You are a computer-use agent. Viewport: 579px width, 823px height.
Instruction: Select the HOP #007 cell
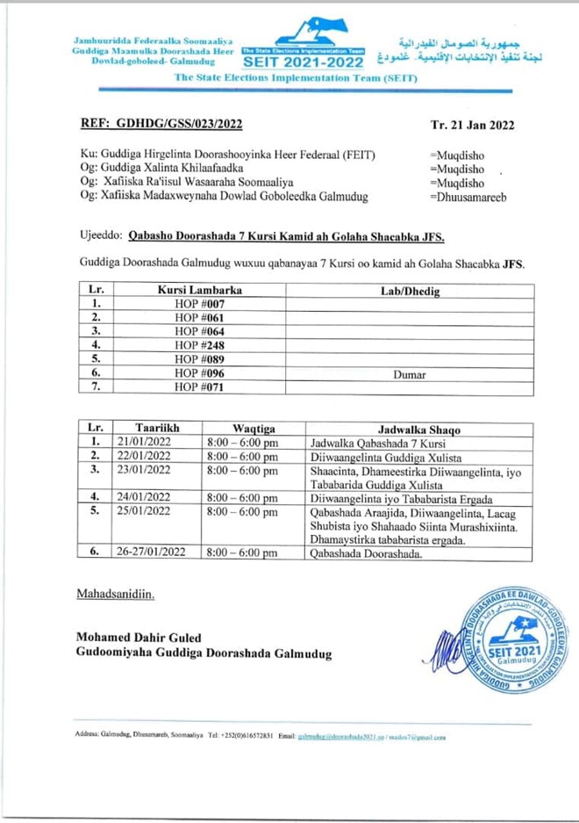(199, 303)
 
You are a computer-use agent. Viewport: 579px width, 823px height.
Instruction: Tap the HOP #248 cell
(199, 345)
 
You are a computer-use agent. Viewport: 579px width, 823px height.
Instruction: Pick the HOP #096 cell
(199, 373)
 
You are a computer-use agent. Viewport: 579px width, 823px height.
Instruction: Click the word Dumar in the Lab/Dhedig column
(409, 374)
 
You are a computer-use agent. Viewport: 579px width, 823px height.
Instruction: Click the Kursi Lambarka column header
(199, 289)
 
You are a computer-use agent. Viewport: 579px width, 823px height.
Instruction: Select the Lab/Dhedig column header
(410, 289)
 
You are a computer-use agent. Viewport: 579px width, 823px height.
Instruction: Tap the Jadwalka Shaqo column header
(418, 429)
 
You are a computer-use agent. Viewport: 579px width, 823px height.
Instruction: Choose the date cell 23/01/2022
(146, 470)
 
